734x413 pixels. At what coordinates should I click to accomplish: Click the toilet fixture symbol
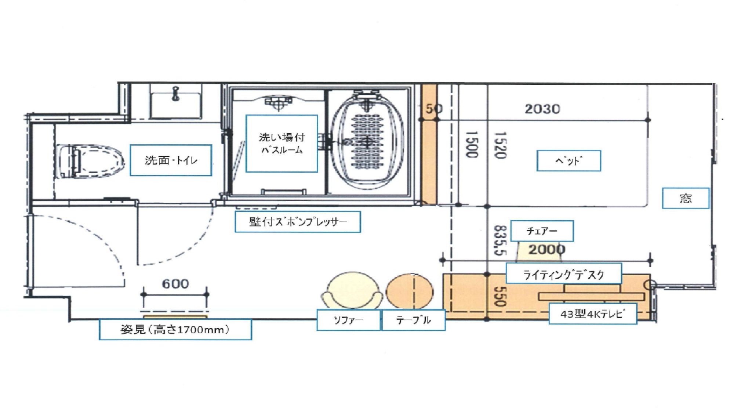coord(91,161)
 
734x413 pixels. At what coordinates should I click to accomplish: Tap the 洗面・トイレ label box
coord(171,160)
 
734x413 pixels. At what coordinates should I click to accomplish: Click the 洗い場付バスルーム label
coord(281,143)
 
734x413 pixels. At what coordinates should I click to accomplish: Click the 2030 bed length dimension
coord(542,109)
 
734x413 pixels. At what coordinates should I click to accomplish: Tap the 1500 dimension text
coord(472,145)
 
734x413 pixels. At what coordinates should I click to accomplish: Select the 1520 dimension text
coord(501,145)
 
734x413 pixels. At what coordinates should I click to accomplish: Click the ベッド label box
coord(568,161)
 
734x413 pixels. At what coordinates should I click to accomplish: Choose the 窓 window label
coord(686,198)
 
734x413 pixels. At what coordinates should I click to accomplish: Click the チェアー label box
coord(542,231)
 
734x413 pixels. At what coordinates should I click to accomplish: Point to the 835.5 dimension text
coord(500,240)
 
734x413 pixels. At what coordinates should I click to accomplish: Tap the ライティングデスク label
coord(564,274)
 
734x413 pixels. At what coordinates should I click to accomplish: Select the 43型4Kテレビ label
coord(593,314)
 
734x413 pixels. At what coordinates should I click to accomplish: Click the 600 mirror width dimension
coord(175,284)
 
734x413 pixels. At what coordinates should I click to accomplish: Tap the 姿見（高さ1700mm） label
coord(175,329)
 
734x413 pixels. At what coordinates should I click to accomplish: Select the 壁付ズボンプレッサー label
coord(298,222)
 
